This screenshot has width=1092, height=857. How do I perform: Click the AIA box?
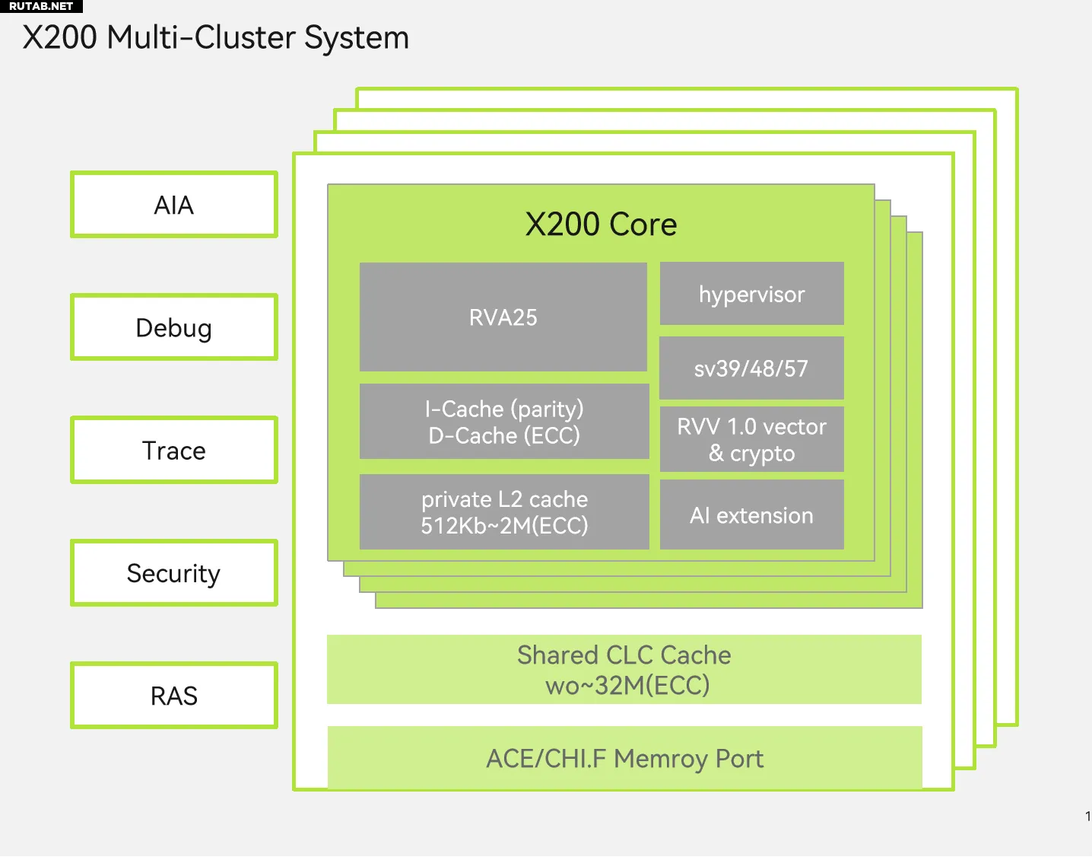174,204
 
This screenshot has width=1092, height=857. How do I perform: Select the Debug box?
174,327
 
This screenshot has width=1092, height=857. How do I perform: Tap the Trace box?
174,450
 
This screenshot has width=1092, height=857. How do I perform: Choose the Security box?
174,572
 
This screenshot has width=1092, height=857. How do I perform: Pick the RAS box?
174,695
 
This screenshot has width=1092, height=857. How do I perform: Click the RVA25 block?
503,317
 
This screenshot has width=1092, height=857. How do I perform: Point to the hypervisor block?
752,294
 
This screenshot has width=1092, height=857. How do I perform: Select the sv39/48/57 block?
752,368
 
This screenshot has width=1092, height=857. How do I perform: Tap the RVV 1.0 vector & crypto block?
752,440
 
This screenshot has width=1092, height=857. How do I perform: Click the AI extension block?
752,515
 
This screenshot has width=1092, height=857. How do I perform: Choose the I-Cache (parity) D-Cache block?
504,422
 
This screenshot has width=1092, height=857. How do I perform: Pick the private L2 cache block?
504,512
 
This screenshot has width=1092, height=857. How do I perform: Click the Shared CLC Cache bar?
624,670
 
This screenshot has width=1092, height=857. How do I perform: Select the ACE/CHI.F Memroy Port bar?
624,757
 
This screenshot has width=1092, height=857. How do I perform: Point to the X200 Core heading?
601,224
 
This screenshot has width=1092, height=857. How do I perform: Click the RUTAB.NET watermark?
41,6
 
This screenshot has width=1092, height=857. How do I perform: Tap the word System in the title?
357,38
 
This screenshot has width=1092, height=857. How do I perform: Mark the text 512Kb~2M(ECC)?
504,526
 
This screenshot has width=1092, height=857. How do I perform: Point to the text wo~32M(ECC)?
627,686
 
